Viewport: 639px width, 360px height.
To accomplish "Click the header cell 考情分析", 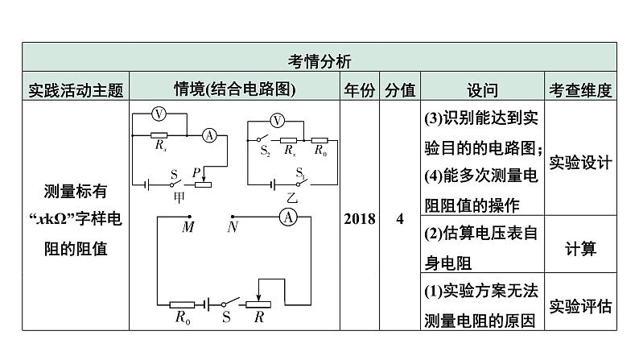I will pyautogui.click(x=319, y=60).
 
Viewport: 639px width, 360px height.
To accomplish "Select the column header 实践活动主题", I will pyautogui.click(x=75, y=89).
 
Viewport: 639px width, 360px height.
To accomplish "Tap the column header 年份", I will pyautogui.click(x=359, y=89).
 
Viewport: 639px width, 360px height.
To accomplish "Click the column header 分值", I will pyautogui.click(x=400, y=89).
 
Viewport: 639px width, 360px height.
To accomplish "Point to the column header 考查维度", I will pyautogui.click(x=580, y=89).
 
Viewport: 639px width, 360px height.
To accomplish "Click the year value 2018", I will pyautogui.click(x=359, y=219).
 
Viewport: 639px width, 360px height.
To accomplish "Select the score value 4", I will pyautogui.click(x=400, y=219).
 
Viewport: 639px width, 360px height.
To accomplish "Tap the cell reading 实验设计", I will pyautogui.click(x=580, y=162).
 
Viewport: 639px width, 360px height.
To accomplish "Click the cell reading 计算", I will pyautogui.click(x=580, y=249).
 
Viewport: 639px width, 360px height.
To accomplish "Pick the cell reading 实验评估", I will pyautogui.click(x=580, y=306).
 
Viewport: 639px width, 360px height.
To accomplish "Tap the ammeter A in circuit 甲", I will pyautogui.click(x=208, y=135).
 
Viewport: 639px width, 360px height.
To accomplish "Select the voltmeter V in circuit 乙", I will pyautogui.click(x=278, y=121).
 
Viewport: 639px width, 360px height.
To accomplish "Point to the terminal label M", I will pyautogui.click(x=188, y=228).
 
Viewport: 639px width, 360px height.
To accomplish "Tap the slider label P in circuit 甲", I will pyautogui.click(x=195, y=172).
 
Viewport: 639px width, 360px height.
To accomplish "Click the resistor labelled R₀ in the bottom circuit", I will pyautogui.click(x=183, y=304).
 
